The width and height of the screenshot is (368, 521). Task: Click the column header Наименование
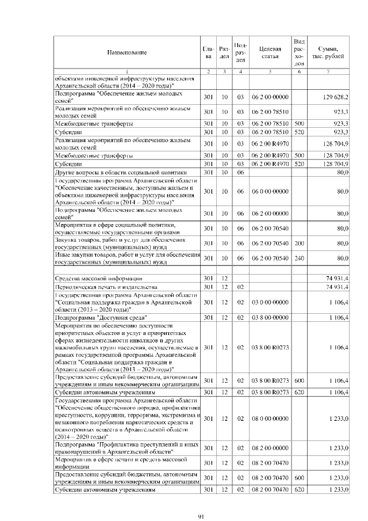[x=126, y=52]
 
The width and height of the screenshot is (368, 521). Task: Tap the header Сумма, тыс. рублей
[x=328, y=52]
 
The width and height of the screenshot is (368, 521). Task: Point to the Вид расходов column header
[x=299, y=52]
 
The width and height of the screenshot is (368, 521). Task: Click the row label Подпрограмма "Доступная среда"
[x=101, y=317]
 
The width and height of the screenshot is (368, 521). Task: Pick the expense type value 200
[x=299, y=244]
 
